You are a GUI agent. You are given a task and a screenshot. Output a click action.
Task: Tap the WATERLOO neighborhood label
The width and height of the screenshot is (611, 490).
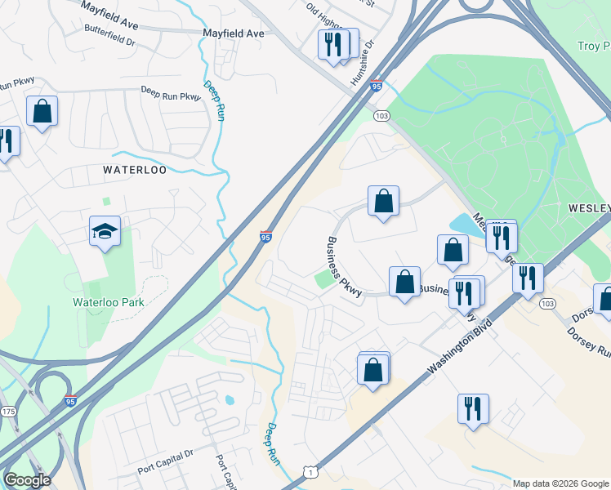click(135, 170)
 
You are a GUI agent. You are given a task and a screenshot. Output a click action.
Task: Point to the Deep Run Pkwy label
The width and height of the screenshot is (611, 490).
click(170, 93)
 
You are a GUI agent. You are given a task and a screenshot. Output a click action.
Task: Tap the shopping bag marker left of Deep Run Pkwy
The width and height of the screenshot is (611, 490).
click(42, 111)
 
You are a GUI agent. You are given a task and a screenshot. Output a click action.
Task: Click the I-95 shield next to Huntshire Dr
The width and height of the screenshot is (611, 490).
click(376, 85)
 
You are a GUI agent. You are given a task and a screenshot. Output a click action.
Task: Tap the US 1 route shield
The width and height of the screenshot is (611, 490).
click(309, 472)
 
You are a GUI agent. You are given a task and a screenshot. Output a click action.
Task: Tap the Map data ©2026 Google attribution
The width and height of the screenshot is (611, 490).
click(560, 483)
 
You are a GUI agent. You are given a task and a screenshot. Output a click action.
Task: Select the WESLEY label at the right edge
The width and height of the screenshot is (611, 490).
click(589, 208)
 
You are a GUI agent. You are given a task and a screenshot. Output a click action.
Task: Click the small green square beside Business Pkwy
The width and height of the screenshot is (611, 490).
click(326, 279)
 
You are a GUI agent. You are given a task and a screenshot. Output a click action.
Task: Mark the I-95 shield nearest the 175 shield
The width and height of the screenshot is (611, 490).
click(70, 403)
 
